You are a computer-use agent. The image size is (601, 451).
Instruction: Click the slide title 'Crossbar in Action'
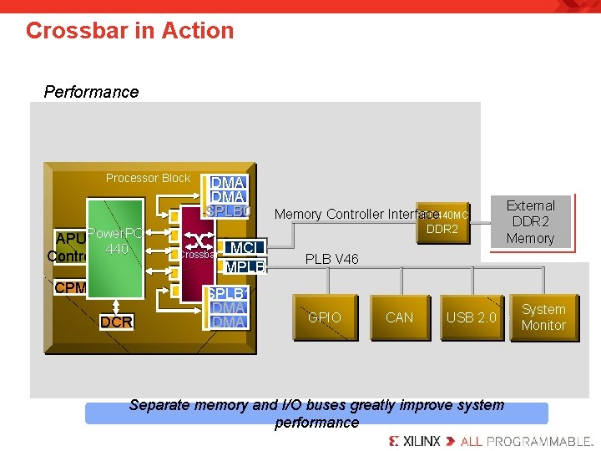point(129,31)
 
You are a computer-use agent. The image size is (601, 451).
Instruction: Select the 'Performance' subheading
point(91,92)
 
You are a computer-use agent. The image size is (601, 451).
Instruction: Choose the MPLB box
point(245,268)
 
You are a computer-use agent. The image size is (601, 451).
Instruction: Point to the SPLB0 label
point(228,211)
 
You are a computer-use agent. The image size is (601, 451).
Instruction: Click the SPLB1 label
point(226,293)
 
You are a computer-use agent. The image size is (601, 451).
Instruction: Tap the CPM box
point(70,288)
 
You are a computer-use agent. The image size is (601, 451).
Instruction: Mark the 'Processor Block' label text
point(148,178)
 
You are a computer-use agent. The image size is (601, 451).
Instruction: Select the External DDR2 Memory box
point(530,222)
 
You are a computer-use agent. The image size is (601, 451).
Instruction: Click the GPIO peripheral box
point(325,317)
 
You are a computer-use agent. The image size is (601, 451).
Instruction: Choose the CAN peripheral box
point(399,317)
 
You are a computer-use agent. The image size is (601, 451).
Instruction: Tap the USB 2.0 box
point(471,317)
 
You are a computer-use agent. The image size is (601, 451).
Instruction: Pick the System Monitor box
point(543,317)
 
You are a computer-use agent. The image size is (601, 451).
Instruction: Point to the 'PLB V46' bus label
point(331,259)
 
